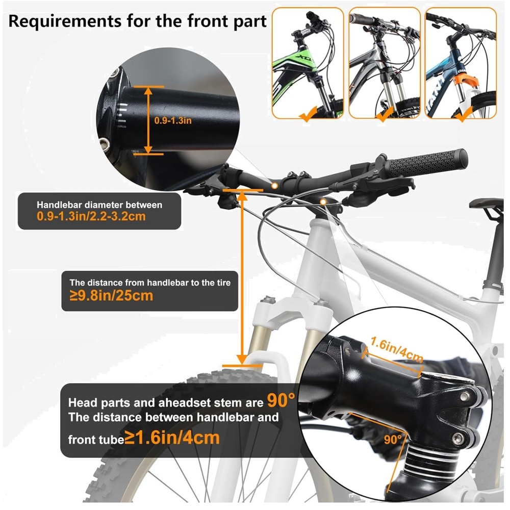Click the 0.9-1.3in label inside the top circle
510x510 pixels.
(173, 121)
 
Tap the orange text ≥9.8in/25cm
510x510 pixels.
(111, 295)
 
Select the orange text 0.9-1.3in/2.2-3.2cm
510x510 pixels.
(91, 216)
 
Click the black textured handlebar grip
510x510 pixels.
(427, 163)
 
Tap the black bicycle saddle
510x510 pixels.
(486, 203)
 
